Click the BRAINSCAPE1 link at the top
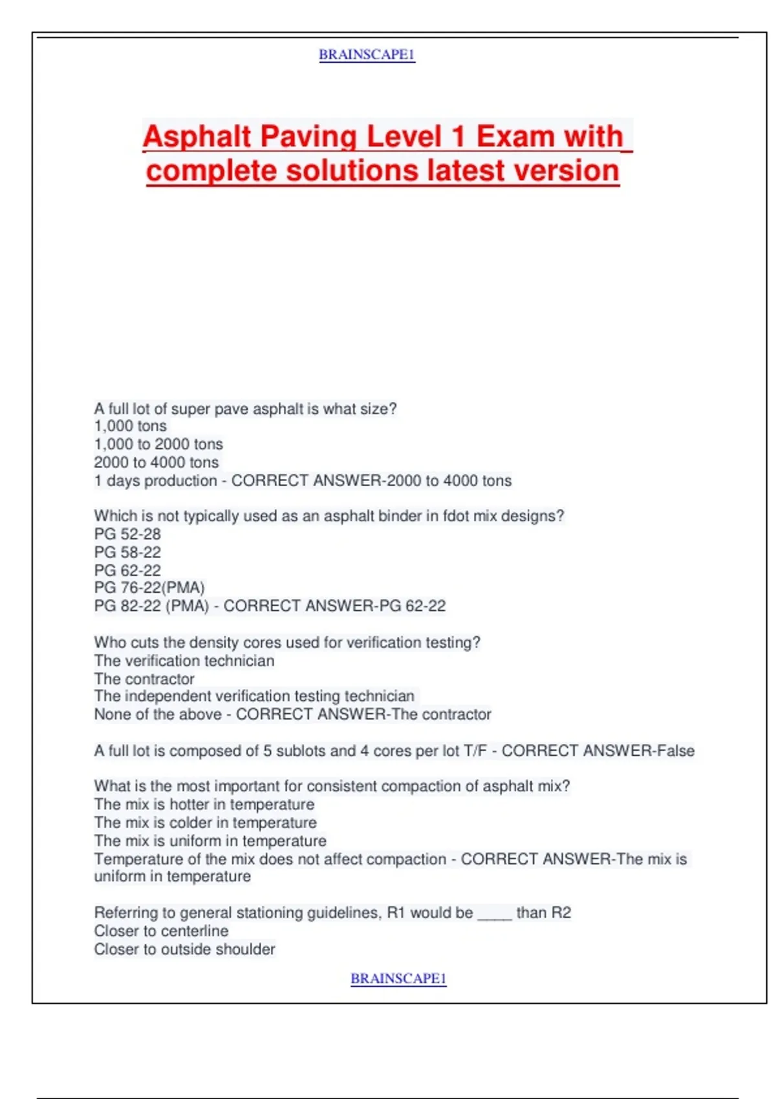(367, 55)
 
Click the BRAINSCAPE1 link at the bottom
(398, 979)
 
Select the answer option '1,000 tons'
(131, 426)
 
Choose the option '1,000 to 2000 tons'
(158, 444)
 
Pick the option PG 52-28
(127, 534)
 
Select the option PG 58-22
(127, 552)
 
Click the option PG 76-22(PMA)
(149, 588)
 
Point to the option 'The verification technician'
(184, 661)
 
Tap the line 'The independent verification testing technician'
(254, 696)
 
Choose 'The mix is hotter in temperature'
(204, 804)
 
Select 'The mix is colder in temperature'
(206, 822)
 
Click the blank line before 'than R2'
(495, 914)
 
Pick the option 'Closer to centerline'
(161, 931)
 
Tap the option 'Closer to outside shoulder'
(184, 949)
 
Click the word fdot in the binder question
(456, 516)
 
